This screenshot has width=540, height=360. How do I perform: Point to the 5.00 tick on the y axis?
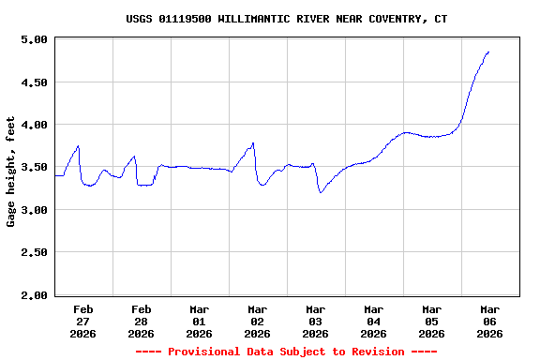(x=34, y=39)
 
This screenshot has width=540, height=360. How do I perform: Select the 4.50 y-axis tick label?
(x=34, y=82)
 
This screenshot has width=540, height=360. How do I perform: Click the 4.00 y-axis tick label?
(x=34, y=125)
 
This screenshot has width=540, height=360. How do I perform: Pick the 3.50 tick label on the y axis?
(x=34, y=168)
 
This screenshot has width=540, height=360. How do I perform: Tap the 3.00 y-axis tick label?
(x=34, y=210)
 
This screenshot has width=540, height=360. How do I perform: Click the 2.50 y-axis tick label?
(x=34, y=253)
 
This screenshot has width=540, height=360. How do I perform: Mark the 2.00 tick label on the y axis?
(x=34, y=295)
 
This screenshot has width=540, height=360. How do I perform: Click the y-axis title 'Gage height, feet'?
(x=11, y=172)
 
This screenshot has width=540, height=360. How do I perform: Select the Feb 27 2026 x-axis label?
(x=83, y=321)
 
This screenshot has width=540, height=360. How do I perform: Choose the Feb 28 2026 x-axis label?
(x=142, y=321)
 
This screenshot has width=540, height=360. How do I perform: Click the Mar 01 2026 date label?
(x=200, y=321)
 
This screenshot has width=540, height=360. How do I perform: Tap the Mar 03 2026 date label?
(x=316, y=321)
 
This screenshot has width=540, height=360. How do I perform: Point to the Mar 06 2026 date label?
(x=489, y=321)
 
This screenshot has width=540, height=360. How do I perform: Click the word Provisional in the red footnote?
(x=206, y=352)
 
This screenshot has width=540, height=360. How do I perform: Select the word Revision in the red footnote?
(x=373, y=352)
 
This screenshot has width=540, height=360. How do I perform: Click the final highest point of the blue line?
(x=488, y=52)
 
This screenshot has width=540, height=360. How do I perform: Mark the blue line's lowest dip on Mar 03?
(x=321, y=192)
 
